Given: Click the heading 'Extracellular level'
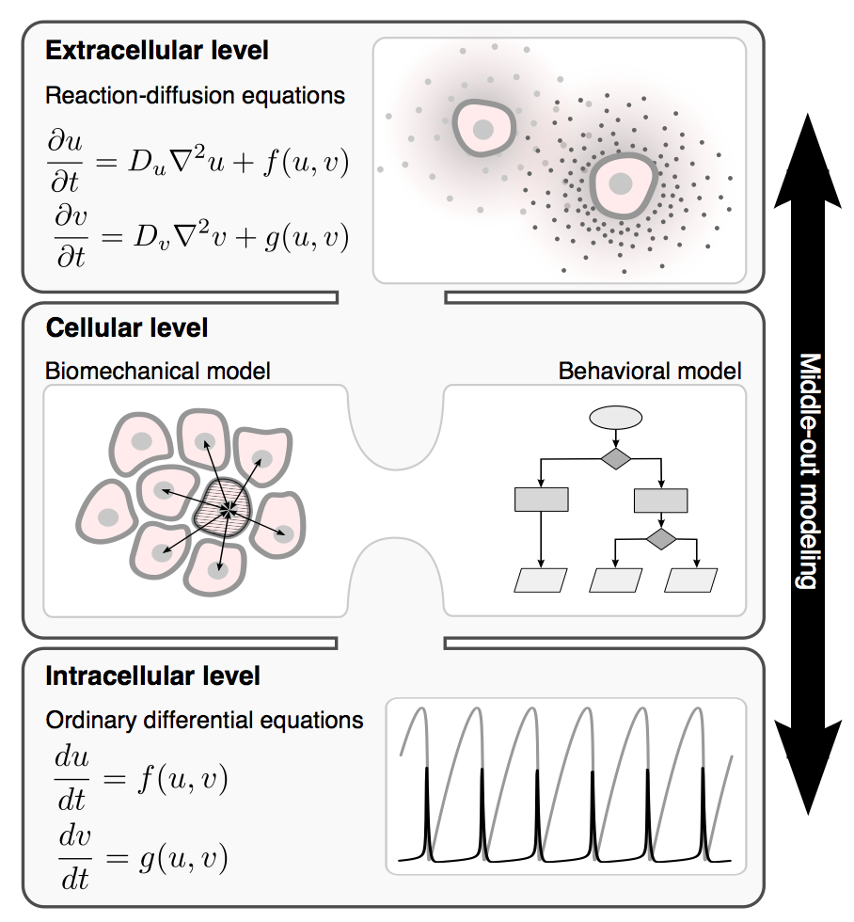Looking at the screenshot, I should (x=157, y=51).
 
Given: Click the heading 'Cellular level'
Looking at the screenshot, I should (x=127, y=328).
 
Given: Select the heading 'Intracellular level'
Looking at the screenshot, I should (x=153, y=676).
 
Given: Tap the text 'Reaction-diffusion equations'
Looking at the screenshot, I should (x=195, y=96).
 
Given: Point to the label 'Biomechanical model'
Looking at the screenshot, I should (x=158, y=371).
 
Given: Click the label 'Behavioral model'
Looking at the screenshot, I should (x=650, y=371).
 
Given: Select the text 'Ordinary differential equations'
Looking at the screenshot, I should (x=204, y=721).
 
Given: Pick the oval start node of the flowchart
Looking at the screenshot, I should (x=615, y=417).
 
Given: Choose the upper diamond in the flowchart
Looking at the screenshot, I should (x=615, y=458).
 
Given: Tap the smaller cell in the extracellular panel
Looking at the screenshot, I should (x=483, y=129).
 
